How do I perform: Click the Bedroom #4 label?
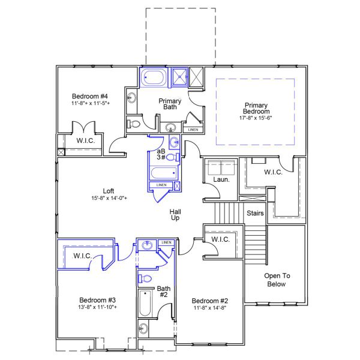pyautogui.click(x=89, y=96)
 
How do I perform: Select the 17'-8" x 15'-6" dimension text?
pyautogui.click(x=256, y=118)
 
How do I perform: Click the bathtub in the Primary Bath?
pyautogui.click(x=154, y=77)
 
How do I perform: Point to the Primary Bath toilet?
pyautogui.click(x=135, y=124)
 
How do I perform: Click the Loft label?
pyautogui.click(x=108, y=191)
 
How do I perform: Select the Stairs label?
pyautogui.click(x=256, y=213)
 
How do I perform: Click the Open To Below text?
pyautogui.click(x=277, y=280)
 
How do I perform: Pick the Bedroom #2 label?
pyautogui.click(x=208, y=301)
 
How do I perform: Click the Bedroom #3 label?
pyautogui.click(x=97, y=299)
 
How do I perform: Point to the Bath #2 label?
pyautogui.click(x=164, y=292)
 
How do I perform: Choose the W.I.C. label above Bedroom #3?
pyautogui.click(x=82, y=256)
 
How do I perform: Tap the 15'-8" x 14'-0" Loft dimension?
pyautogui.click(x=109, y=198)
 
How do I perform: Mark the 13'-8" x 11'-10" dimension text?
pyautogui.click(x=97, y=307)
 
